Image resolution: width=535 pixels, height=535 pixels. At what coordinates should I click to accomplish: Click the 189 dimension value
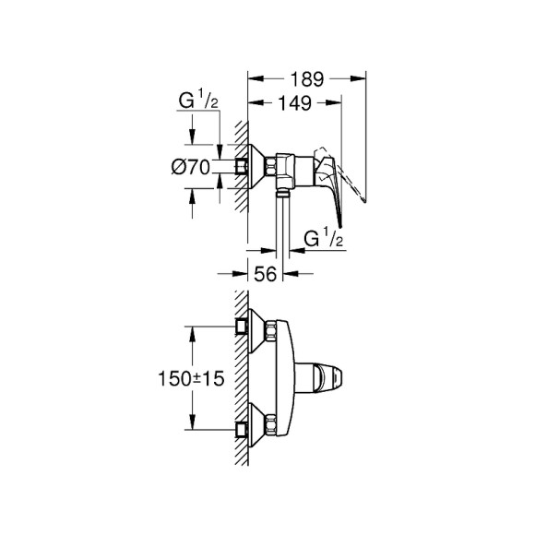pyautogui.click(x=307, y=79)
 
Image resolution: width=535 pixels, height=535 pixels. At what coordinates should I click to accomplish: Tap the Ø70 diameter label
pyautogui.click(x=192, y=167)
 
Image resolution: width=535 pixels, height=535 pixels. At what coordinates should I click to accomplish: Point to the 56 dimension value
pyautogui.click(x=266, y=273)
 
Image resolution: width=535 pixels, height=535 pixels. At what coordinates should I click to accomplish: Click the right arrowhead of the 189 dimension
pyautogui.click(x=363, y=79)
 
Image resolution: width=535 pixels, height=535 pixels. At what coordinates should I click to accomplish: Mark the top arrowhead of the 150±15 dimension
pyautogui.click(x=193, y=329)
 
